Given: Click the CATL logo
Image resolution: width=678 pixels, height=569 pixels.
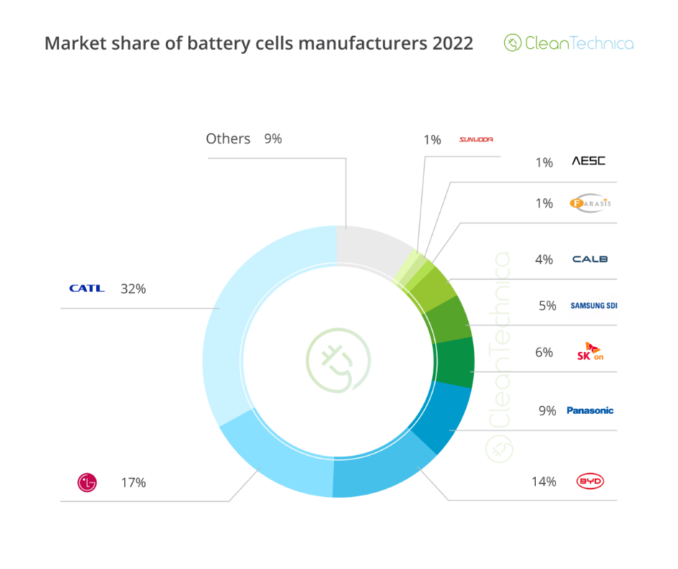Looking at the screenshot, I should (x=87, y=288).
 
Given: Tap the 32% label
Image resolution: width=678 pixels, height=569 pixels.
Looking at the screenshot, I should (x=133, y=289).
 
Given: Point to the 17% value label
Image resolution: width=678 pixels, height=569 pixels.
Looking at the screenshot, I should (x=133, y=483).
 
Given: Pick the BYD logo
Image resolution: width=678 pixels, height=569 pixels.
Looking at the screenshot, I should (x=590, y=481).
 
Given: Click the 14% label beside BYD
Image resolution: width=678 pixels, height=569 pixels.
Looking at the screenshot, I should (x=544, y=481).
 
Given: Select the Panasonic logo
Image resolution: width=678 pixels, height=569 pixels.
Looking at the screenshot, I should (x=590, y=411).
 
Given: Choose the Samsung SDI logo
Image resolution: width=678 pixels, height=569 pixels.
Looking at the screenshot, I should (x=593, y=305).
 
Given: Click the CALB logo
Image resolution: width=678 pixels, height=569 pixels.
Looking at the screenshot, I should (x=590, y=259).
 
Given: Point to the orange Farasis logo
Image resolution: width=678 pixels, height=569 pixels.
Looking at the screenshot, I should (x=590, y=203).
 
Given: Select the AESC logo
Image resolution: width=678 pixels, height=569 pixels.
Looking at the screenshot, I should (x=588, y=161).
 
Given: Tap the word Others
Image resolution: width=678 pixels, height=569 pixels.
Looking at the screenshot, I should (x=228, y=139).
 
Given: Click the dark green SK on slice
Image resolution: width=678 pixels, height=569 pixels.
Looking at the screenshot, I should (x=455, y=363).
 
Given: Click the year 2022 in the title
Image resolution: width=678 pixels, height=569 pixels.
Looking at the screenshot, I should (x=452, y=44).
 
